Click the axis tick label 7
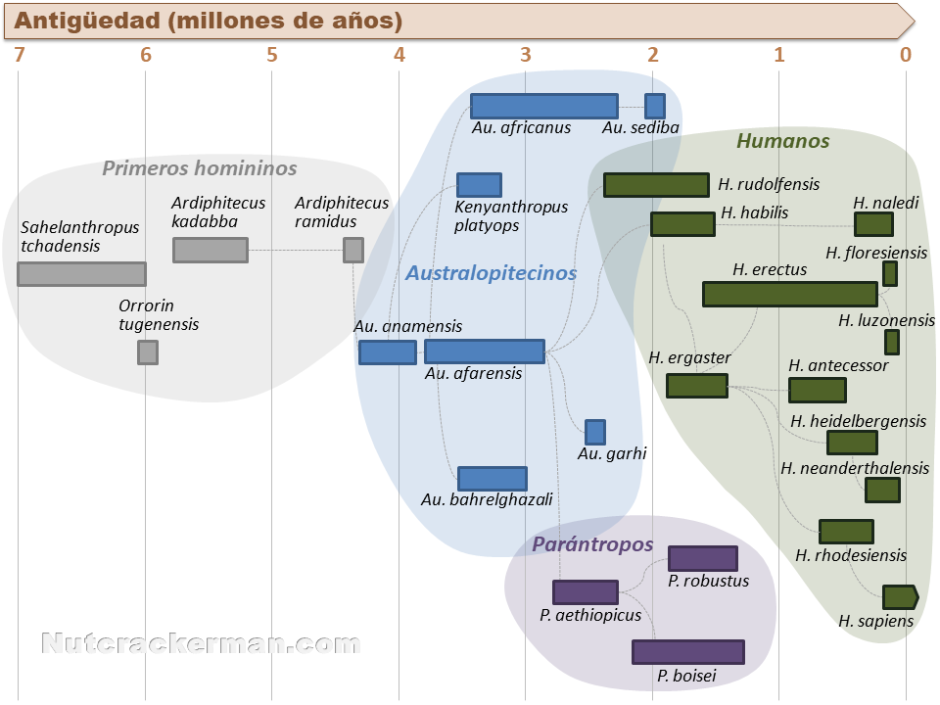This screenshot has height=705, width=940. (20, 55)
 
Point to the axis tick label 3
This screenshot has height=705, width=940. (526, 55)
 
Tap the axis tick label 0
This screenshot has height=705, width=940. (906, 55)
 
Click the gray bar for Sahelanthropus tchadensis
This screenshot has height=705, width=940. (81, 274)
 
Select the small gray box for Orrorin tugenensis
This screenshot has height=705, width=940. (148, 352)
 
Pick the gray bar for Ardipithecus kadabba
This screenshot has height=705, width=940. (211, 250)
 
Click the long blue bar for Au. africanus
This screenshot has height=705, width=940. (544, 106)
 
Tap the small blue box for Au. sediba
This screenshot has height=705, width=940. (655, 106)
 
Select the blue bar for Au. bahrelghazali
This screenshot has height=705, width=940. (493, 479)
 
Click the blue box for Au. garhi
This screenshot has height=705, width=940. (595, 432)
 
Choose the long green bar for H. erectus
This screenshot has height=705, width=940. (790, 295)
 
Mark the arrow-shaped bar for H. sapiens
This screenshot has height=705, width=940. (901, 597)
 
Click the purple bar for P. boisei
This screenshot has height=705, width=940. (688, 652)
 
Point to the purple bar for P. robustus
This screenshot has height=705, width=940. (703, 558)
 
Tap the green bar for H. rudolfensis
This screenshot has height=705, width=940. (656, 185)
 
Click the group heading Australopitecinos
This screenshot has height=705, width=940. (491, 273)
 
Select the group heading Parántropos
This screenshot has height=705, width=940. (592, 543)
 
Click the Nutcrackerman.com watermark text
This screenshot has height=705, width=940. (201, 643)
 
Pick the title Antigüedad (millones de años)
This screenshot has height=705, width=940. (208, 21)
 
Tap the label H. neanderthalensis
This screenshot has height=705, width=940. (855, 468)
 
